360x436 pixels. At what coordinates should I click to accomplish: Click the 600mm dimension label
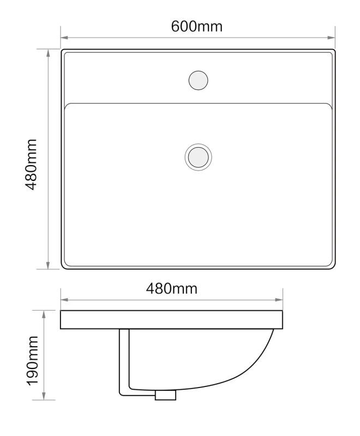[x=197, y=27]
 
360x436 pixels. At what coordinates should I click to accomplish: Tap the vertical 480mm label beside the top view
[x=31, y=165]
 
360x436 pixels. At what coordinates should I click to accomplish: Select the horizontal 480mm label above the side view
[x=172, y=289]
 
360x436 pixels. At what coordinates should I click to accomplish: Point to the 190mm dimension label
[x=33, y=361]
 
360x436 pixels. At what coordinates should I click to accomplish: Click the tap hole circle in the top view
[x=198, y=80]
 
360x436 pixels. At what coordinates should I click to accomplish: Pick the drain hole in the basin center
[x=198, y=157]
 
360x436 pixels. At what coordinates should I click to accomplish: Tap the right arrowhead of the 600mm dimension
[x=331, y=38]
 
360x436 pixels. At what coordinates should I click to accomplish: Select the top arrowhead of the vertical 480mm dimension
[x=48, y=53]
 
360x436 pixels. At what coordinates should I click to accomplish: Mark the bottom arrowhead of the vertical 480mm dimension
[x=48, y=265]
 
